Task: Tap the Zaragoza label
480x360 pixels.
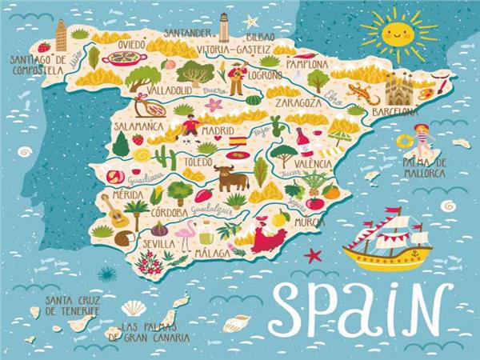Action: click(298, 103)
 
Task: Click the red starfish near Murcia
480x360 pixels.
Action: click(313, 255)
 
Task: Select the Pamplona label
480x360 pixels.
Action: click(308, 64)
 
